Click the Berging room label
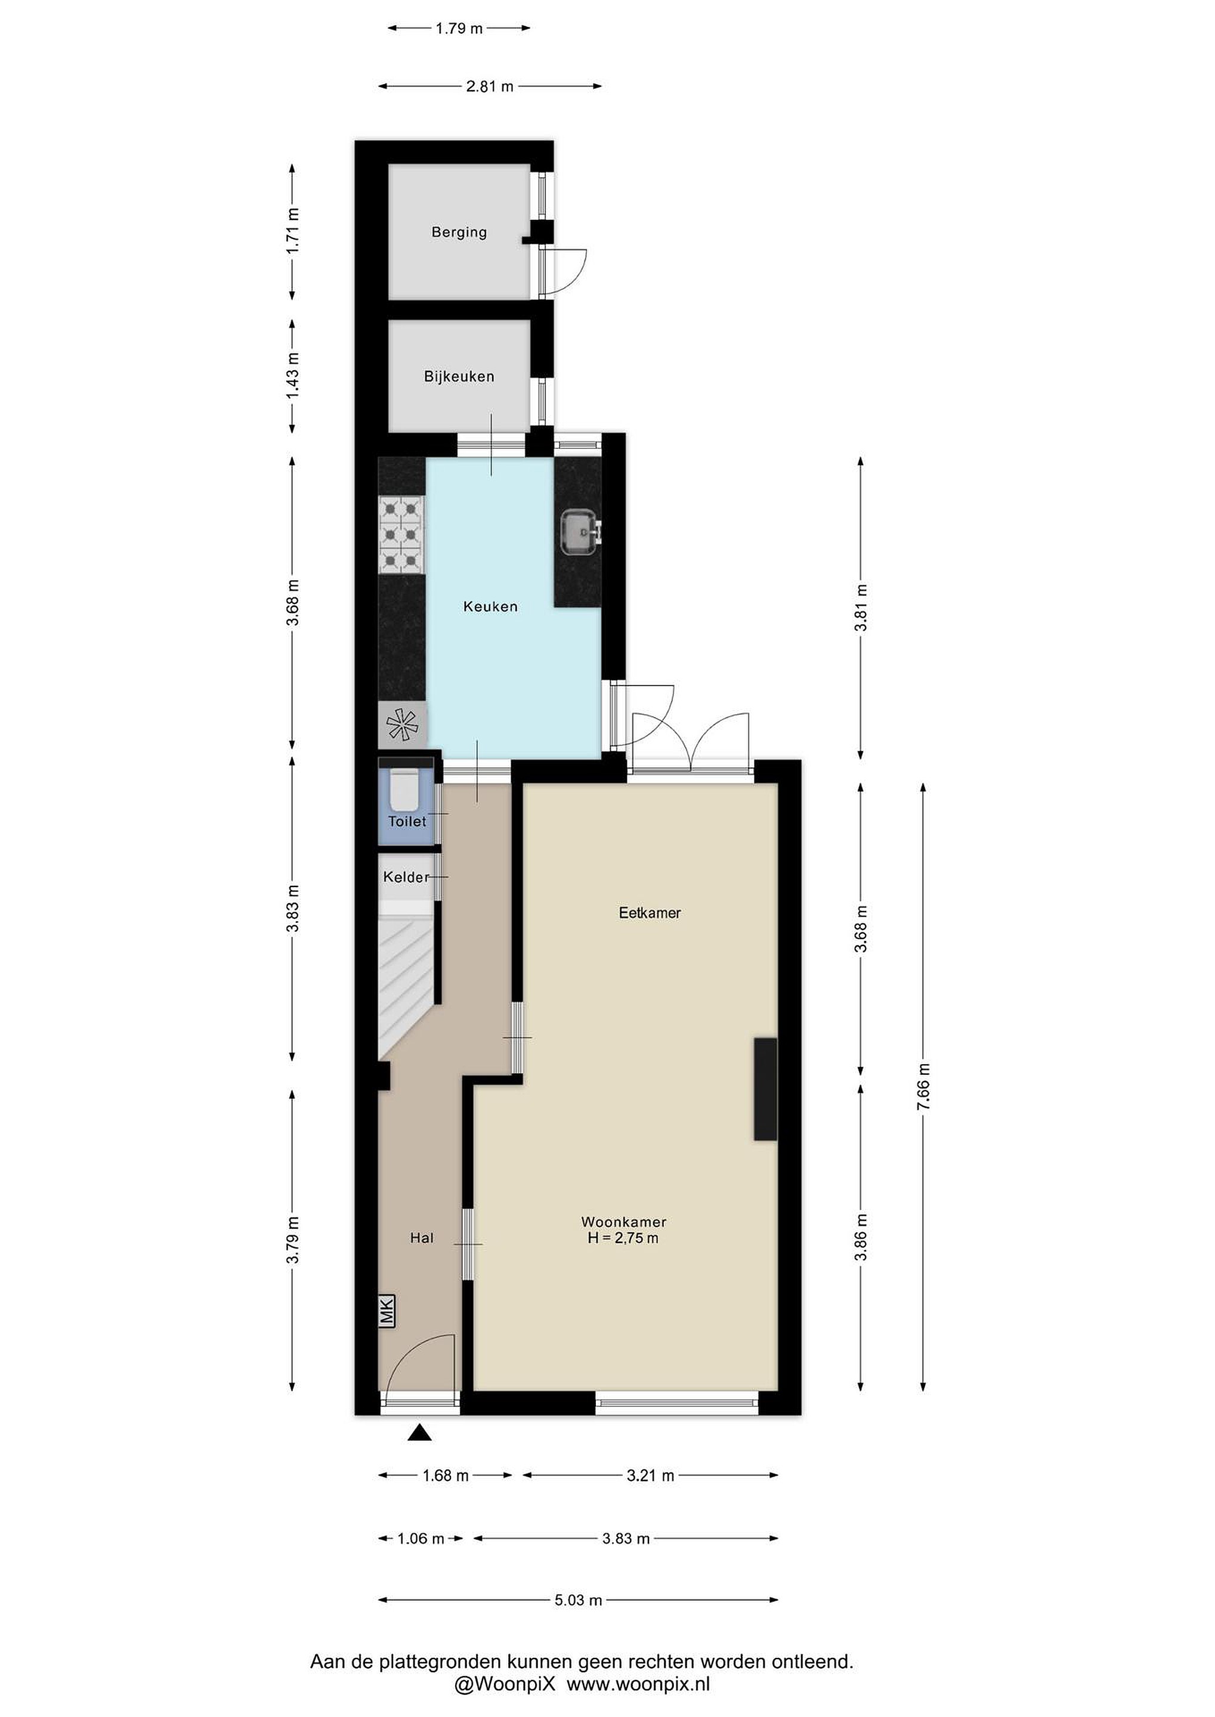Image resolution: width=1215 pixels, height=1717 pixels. (x=459, y=232)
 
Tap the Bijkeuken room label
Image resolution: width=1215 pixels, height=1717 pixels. (x=459, y=376)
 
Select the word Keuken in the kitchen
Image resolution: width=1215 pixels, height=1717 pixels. (x=490, y=606)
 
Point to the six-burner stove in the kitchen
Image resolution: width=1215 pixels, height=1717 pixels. (x=402, y=536)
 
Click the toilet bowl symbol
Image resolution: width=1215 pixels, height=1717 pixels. (x=405, y=788)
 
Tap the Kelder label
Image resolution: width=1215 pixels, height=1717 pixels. (x=406, y=876)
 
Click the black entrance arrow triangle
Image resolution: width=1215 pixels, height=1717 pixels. (x=421, y=1432)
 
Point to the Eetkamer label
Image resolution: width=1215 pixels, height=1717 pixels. (x=650, y=912)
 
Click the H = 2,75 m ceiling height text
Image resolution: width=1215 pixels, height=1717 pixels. (x=623, y=1238)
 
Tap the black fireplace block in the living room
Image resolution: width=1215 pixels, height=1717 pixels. (x=765, y=1089)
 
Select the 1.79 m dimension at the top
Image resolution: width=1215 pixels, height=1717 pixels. (x=459, y=29)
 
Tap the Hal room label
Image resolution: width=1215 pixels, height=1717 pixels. (x=421, y=1238)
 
